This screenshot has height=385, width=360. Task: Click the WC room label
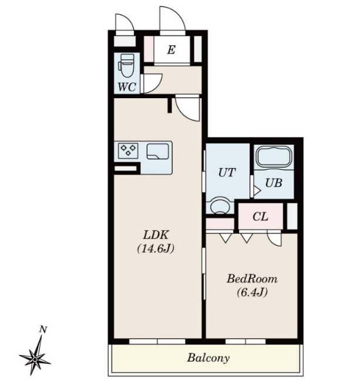click(x=127, y=86)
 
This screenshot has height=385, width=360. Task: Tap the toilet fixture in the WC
click(x=126, y=65)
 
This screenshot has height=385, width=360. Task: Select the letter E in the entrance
click(x=171, y=50)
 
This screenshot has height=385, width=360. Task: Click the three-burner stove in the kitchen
click(x=128, y=150)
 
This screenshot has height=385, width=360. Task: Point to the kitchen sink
click(x=157, y=152)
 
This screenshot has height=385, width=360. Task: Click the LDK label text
click(x=156, y=235)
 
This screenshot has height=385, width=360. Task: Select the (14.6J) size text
click(x=156, y=249)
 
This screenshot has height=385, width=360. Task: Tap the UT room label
click(x=227, y=173)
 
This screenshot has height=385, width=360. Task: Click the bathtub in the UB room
click(x=273, y=156)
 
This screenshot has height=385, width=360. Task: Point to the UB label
click(x=274, y=183)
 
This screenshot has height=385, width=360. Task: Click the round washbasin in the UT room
click(x=221, y=205)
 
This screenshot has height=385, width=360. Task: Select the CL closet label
click(x=260, y=216)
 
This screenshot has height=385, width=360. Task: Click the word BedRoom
click(x=252, y=279)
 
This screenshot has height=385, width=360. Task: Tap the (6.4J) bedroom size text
click(x=252, y=292)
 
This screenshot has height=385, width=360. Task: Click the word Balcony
click(x=208, y=358)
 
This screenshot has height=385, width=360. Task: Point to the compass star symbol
click(x=35, y=359)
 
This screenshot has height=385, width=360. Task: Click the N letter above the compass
click(x=43, y=330)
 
